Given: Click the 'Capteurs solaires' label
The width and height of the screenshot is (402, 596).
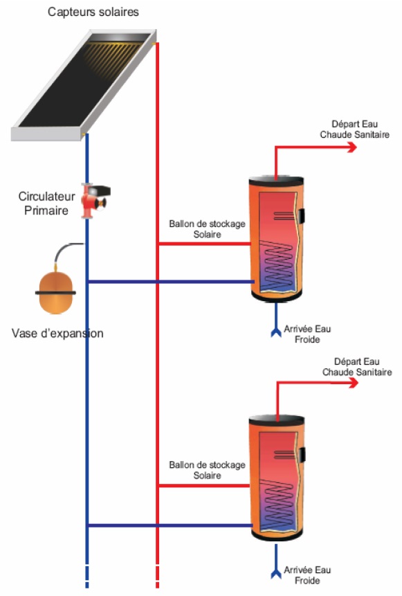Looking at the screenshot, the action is (93, 12).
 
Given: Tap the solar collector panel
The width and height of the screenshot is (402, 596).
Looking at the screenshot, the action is (84, 84).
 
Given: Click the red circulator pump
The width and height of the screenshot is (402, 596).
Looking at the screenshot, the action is (95, 200).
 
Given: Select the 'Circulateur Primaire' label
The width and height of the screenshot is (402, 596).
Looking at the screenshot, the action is (46, 204).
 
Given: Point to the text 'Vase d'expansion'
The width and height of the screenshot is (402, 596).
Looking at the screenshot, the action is (57, 334).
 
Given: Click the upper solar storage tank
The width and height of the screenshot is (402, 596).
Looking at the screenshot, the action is (277, 239).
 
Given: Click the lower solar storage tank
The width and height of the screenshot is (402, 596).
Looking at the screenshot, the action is (277, 478).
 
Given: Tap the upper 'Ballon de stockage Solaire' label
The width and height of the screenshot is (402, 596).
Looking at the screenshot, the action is (207, 229).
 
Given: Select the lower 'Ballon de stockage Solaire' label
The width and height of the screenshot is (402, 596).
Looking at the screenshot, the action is (207, 470).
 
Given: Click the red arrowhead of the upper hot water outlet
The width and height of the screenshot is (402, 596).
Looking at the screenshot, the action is (353, 147).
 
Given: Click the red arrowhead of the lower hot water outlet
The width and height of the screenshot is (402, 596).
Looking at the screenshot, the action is (354, 382).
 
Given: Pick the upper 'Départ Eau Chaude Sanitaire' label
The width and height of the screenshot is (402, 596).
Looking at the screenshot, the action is (354, 129).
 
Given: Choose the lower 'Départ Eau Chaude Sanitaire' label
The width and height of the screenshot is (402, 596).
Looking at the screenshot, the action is (357, 367).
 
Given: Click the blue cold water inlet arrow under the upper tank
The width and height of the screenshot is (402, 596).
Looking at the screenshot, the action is (276, 320).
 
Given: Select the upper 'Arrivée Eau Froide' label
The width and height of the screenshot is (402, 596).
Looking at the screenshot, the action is (307, 334).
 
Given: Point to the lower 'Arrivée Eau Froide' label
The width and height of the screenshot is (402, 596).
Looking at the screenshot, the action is (307, 575).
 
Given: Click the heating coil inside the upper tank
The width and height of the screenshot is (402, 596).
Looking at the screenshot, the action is (277, 266).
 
